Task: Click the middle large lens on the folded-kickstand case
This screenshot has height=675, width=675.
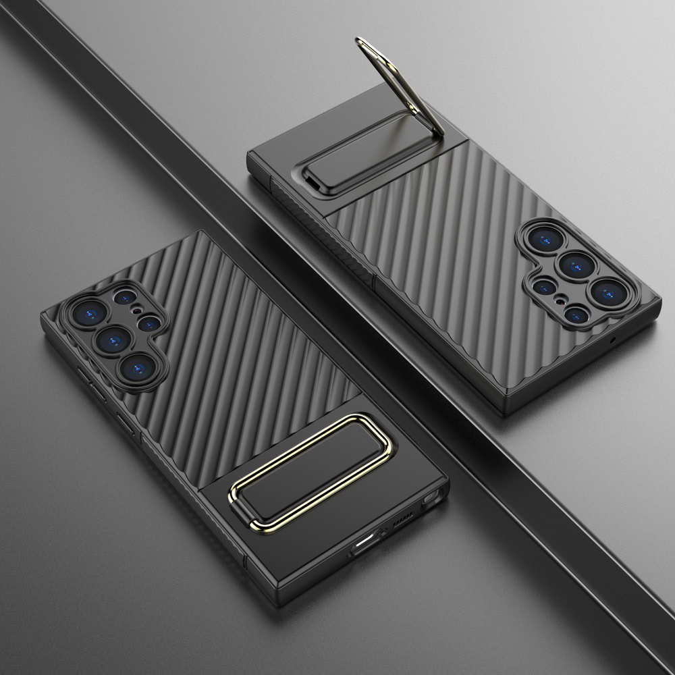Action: (x=113, y=337)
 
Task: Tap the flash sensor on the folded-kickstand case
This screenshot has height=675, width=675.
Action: (x=137, y=312)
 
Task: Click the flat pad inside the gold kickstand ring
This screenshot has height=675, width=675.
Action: (x=312, y=466)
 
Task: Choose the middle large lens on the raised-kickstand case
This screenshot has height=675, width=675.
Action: (x=576, y=265)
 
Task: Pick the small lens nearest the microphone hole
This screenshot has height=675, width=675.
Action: (x=575, y=314)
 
